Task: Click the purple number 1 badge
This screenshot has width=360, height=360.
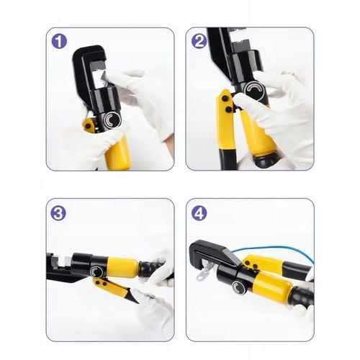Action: click(59, 41)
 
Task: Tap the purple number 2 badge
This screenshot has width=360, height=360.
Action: click(199, 41)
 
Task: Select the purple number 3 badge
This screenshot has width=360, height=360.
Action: click(59, 213)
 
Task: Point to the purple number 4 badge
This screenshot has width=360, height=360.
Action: click(199, 213)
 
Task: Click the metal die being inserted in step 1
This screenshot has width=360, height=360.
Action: click(106, 79)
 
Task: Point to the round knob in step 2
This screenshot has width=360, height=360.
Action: click(253, 89)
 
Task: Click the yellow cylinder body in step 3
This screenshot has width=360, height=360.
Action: click(122, 268)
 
